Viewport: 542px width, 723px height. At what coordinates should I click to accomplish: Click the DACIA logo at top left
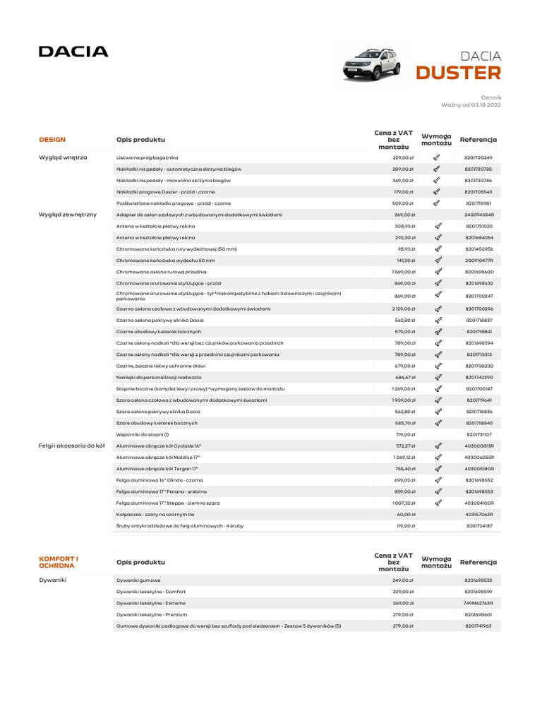73,52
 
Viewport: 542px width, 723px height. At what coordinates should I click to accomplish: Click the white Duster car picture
371,64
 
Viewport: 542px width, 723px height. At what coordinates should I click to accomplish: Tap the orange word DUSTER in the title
458,73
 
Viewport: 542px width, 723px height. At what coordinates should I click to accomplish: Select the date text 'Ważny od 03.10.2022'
471,104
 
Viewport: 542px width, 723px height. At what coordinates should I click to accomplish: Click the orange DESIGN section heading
52,140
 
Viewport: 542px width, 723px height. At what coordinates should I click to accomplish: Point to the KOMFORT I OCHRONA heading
59,562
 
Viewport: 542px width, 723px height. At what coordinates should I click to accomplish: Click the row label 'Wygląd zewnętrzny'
68,214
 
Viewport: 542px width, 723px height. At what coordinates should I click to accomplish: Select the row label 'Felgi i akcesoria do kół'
71,446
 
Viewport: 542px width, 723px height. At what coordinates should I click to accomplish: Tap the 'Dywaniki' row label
52,580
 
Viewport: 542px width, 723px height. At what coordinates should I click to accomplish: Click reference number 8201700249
478,157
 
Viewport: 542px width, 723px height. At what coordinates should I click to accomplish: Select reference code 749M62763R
478,603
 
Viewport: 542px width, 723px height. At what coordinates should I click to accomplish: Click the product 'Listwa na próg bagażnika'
147,157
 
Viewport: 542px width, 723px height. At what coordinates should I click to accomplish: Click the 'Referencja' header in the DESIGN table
478,140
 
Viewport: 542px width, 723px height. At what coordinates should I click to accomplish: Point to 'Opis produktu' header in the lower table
140,562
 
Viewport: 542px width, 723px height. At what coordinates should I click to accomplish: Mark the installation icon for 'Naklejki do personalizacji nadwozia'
438,377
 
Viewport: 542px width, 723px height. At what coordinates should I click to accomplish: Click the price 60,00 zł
404,515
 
